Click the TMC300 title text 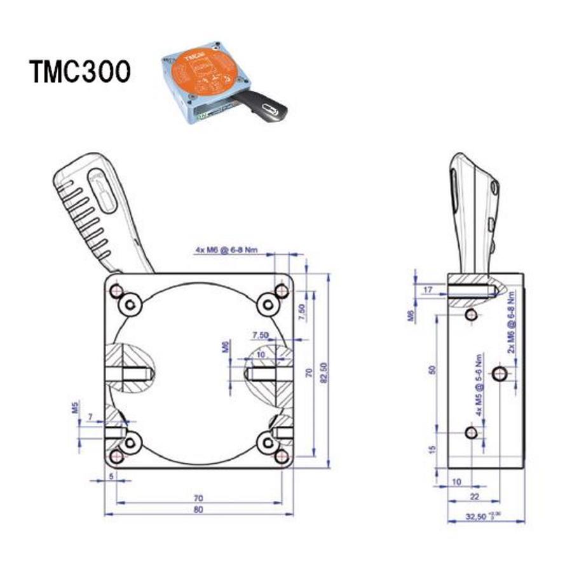point(80,72)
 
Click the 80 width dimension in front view point(198,510)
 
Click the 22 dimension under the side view point(474,496)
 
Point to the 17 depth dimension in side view point(427,290)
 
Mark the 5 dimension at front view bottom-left point(112,475)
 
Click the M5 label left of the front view point(75,407)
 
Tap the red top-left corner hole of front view point(116,291)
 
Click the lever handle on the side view point(473,210)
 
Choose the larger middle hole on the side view point(501,372)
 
